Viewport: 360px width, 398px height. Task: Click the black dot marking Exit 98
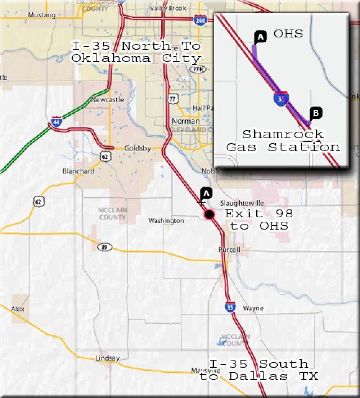209,215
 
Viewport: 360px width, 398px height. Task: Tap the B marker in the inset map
316,113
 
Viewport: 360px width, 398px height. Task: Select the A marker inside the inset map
260,37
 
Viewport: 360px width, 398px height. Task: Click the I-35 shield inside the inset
281,98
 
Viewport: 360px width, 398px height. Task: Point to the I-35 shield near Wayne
230,307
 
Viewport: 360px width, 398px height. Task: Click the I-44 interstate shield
56,121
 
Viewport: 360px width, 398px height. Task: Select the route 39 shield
104,247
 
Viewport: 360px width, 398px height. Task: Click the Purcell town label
229,250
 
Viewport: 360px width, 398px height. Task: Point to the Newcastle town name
108,100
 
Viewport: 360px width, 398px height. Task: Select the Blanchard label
78,171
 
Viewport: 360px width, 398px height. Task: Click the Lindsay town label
107,358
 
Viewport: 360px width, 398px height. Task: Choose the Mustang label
42,15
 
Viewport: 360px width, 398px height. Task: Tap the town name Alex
18,309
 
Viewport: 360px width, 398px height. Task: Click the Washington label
166,221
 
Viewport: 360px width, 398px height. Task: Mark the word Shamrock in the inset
283,134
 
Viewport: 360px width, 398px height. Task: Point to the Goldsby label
138,148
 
